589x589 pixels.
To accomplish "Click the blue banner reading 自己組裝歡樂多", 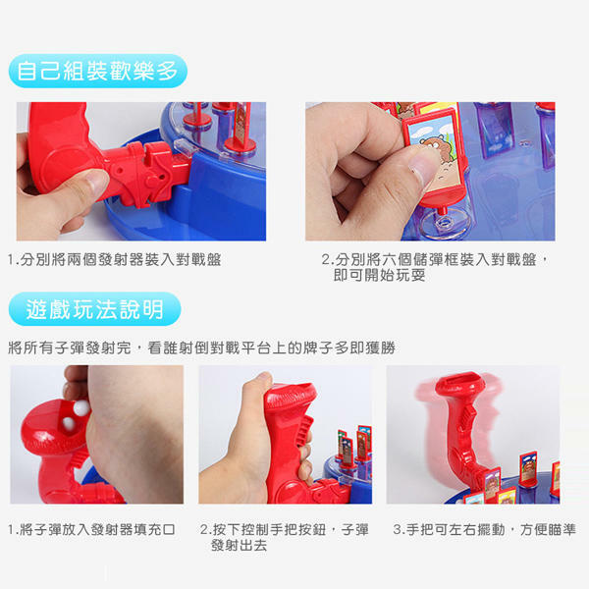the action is (97, 71).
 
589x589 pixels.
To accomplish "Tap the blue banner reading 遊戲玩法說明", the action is (94, 309).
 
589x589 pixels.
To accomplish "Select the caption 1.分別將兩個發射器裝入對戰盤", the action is (115, 259).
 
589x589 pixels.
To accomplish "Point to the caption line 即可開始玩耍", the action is (379, 275).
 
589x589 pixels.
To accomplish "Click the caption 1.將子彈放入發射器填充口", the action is (91, 530).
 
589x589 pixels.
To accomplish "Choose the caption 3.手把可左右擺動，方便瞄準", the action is (485, 530).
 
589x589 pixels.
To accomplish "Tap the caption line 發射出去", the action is (239, 545).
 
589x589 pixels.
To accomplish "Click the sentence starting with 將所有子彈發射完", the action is (201, 348).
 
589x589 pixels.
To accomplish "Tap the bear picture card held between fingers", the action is (434, 150).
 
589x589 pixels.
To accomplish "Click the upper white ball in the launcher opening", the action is (81, 408).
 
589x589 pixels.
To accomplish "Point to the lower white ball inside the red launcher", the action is (69, 423).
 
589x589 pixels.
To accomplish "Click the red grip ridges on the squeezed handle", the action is (304, 432).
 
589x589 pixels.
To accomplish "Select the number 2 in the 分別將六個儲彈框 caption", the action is (325, 259).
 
